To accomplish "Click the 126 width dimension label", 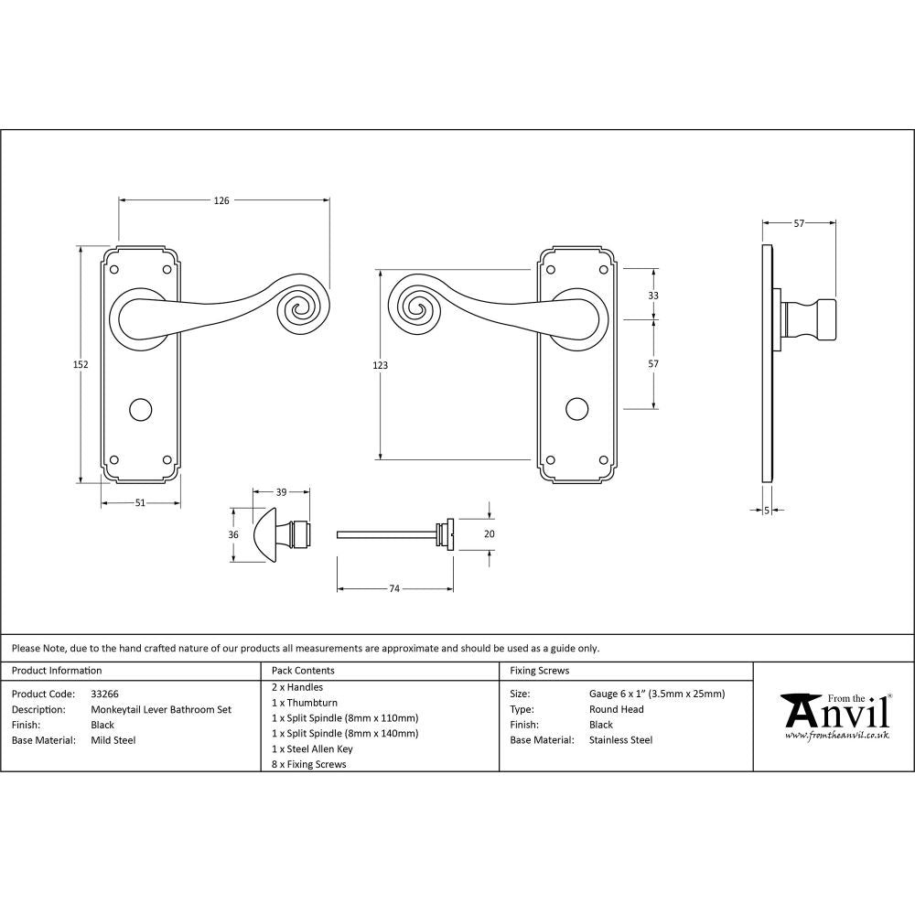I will tap(221, 200).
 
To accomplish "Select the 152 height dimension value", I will tap(81, 364).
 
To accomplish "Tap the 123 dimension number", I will tap(381, 365).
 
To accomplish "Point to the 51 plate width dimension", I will tap(140, 501).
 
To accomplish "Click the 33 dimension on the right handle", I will tap(653, 296).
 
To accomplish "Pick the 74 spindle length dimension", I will tap(395, 589).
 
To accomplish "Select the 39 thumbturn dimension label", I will tap(281, 492).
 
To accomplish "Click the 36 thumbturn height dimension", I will tap(233, 535).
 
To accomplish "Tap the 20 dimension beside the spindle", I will tap(489, 533).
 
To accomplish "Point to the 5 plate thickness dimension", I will tap(767, 511).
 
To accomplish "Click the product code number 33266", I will tap(105, 694).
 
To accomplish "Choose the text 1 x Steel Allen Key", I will tap(312, 748).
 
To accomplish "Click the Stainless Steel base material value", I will tap(620, 740).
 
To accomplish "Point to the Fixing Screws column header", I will tap(539, 671).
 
